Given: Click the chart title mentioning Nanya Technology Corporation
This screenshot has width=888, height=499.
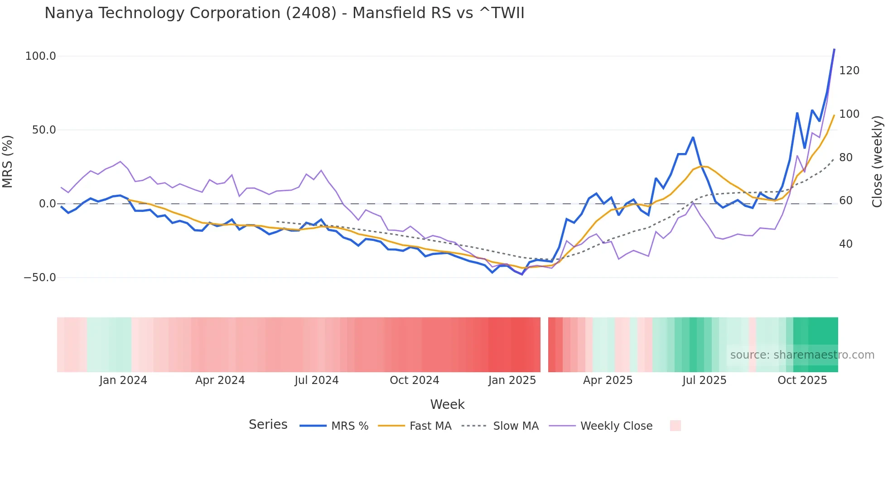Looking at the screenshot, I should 284,13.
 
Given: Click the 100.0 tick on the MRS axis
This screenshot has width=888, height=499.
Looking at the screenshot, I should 41,56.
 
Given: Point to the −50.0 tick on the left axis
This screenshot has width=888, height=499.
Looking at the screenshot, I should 40,278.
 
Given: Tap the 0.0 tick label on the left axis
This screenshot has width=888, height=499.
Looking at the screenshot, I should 47,204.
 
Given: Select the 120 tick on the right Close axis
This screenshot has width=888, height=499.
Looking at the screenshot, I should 849,71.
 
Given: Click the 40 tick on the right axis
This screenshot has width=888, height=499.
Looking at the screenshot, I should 845,244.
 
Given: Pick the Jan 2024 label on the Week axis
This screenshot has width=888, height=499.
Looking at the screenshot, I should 123,380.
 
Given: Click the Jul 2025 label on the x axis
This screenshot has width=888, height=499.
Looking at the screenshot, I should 704,380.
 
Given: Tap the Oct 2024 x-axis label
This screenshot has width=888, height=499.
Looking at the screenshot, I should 414,380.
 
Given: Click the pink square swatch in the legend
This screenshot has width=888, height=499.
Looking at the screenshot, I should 675,426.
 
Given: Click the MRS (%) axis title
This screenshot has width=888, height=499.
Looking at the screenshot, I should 8,162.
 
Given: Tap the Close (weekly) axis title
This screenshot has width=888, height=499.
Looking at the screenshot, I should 877,162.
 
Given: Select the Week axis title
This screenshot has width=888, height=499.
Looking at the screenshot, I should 447,404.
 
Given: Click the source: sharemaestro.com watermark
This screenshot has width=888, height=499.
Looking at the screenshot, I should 802,355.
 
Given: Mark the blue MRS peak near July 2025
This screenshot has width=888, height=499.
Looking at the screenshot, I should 693,137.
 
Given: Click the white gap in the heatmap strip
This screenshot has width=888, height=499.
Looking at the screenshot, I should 544,345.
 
